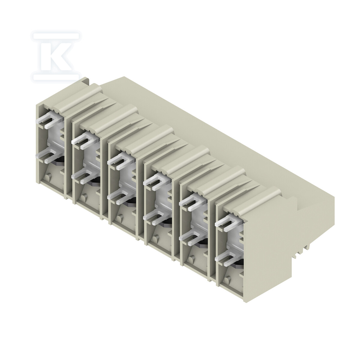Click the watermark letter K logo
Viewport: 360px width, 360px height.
pyautogui.click(x=56, y=56)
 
